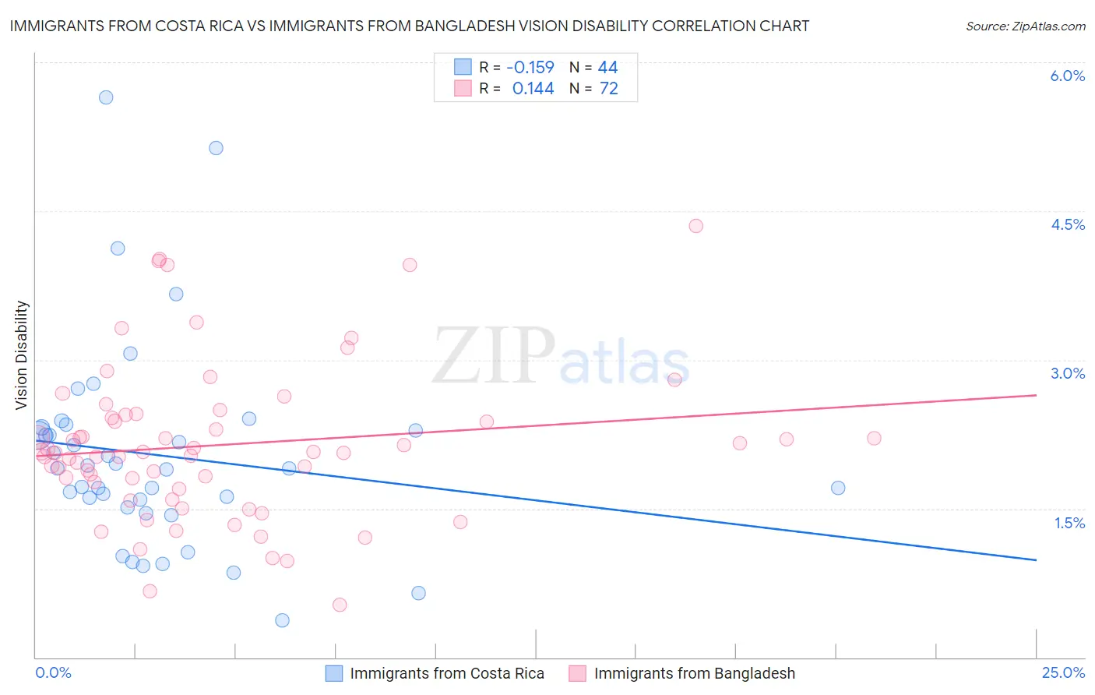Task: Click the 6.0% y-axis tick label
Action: (x=1067, y=76)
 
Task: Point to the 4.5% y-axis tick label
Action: (x=1067, y=224)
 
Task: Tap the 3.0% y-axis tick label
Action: (x=1067, y=373)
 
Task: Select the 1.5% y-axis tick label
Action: (x=1069, y=523)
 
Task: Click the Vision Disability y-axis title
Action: (x=22, y=355)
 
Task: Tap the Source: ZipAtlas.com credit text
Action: (x=1025, y=26)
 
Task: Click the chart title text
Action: (x=410, y=26)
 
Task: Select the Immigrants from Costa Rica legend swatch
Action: (x=334, y=673)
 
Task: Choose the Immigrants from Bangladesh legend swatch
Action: (x=577, y=673)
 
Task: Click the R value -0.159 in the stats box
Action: (x=530, y=68)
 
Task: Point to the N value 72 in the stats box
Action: (x=608, y=89)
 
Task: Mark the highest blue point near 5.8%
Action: (x=106, y=97)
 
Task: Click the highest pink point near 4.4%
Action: (x=695, y=226)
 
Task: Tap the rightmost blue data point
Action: (x=838, y=488)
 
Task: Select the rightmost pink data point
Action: (x=874, y=439)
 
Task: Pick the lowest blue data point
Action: (x=283, y=620)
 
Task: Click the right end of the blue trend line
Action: (x=1036, y=559)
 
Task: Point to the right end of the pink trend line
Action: (x=1036, y=395)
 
